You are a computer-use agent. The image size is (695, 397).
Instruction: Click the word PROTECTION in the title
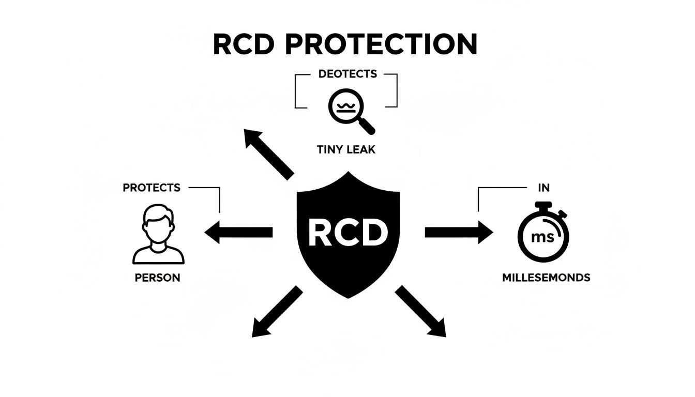tap(381, 44)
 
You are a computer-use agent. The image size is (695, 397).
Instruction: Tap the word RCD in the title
tap(244, 44)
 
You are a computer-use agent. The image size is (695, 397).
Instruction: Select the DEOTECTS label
tap(347, 74)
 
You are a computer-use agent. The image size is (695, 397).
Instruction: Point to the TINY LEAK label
tap(346, 149)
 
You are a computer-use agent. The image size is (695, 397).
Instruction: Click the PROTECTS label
tap(152, 188)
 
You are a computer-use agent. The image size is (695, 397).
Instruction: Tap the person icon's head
tap(158, 223)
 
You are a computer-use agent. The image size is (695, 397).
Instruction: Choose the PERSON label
tap(157, 278)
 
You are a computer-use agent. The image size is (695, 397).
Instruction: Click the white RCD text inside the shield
tap(348, 232)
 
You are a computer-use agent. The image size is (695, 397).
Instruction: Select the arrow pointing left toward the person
tap(238, 232)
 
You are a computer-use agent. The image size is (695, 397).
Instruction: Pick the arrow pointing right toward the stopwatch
tap(459, 232)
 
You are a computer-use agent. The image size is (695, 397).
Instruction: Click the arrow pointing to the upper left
tap(269, 154)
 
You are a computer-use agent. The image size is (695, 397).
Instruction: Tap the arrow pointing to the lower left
tap(277, 311)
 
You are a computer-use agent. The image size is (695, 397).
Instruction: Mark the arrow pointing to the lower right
tap(420, 311)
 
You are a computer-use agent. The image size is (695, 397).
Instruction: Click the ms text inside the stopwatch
tap(542, 238)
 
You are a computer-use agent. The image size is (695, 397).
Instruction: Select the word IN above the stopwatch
tap(544, 188)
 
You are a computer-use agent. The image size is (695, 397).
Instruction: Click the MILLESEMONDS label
tap(546, 278)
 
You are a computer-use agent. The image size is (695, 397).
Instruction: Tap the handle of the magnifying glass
tap(367, 126)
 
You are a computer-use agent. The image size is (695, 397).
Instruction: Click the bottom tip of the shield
tap(348, 298)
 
